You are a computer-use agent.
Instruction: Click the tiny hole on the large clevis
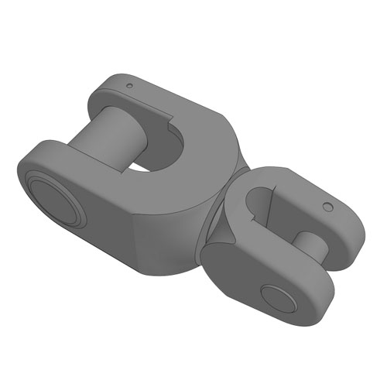(x=129, y=84)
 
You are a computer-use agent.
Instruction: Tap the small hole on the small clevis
(x=327, y=207)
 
